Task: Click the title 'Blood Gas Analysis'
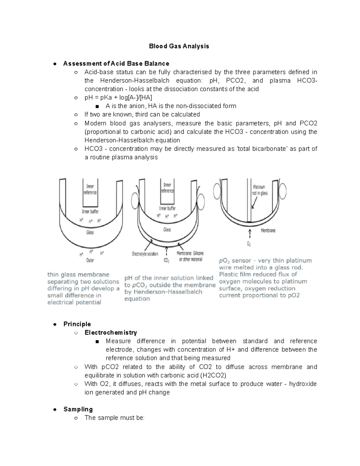(179, 46)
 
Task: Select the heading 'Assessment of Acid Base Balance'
(116, 64)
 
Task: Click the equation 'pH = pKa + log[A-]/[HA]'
(118, 98)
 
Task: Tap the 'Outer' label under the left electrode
(90, 260)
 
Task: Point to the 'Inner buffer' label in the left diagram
(90, 212)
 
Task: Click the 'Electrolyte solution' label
(145, 254)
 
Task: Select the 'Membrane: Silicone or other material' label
(190, 256)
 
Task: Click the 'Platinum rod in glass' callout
(260, 190)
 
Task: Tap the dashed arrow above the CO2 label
(166, 251)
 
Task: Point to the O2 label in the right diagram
(249, 244)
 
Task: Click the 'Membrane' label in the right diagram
(268, 230)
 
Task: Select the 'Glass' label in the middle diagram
(167, 230)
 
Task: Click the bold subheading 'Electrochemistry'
(111, 332)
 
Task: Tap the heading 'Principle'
(77, 324)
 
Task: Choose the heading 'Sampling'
(78, 409)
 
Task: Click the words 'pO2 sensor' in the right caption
(235, 260)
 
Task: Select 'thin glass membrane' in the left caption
(78, 275)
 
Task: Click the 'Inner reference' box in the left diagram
(90, 189)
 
